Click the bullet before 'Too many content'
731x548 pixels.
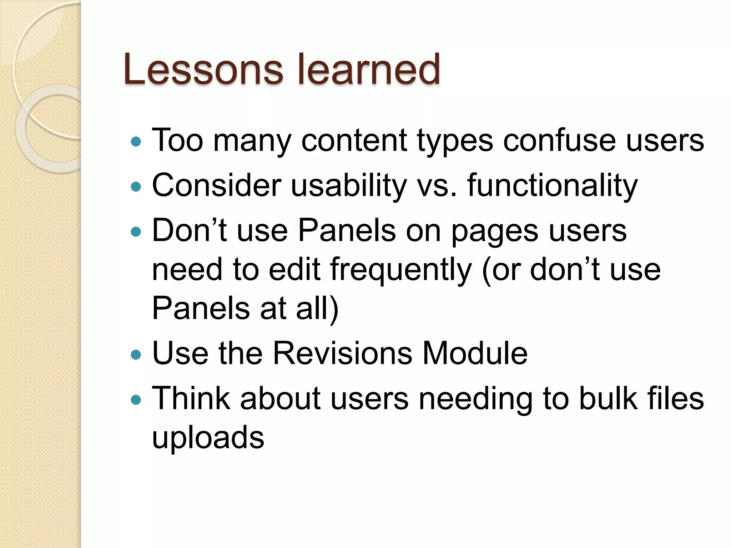coord(136,142)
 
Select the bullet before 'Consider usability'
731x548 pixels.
coord(136,187)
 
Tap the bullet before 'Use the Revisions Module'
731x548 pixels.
coord(136,355)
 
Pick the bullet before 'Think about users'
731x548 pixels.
coord(136,399)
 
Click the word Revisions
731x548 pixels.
coord(342,353)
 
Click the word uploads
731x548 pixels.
coord(208,438)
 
